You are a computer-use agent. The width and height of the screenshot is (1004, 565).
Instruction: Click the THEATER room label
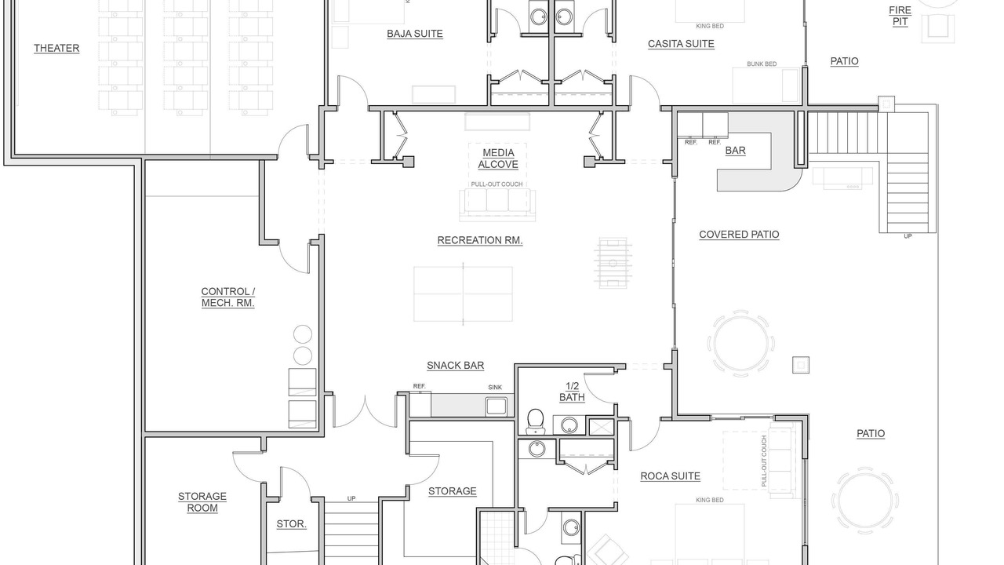pos(56,49)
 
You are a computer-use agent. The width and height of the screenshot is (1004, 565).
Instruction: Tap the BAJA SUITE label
pos(415,34)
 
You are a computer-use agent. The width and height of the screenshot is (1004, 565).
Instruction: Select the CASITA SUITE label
pos(681,44)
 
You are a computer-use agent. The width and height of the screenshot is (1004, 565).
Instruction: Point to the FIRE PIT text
pos(900,16)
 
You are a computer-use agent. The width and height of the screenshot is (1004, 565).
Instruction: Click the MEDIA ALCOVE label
pos(498,159)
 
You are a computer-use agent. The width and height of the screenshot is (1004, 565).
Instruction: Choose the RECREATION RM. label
pos(480,240)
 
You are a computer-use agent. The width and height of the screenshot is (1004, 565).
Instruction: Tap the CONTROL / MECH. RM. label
pos(228,297)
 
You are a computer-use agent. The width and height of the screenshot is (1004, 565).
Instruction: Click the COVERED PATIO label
pos(739,235)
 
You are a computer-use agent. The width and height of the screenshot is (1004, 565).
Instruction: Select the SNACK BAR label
pos(456,366)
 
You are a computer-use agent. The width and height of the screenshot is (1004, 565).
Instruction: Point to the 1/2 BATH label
pos(573,392)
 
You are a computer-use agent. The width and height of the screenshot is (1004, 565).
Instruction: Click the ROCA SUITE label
pos(670,476)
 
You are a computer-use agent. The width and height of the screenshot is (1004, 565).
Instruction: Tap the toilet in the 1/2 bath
pos(535,421)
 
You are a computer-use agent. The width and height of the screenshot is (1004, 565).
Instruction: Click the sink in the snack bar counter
pos(497,406)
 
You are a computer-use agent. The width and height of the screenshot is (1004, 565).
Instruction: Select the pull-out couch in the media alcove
pos(497,205)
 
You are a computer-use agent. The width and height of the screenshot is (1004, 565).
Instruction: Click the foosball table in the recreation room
pos(613,263)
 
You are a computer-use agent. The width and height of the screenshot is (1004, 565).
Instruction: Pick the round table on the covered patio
pos(741,344)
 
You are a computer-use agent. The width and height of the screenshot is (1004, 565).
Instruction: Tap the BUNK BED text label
pos(762,64)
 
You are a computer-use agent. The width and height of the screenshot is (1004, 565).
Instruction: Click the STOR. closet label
pos(291,523)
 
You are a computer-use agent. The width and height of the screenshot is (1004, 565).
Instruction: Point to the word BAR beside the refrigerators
pos(736,151)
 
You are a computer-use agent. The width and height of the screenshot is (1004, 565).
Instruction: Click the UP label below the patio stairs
pos(908,236)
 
